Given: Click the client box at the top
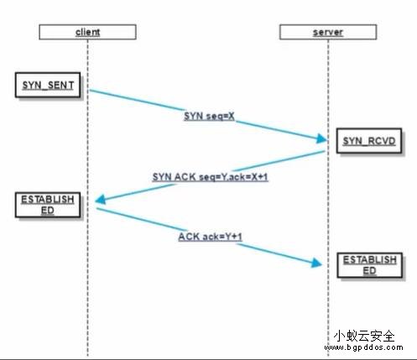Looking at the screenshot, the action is pyautogui.click(x=87, y=32).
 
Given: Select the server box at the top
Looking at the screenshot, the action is pyautogui.click(x=328, y=32).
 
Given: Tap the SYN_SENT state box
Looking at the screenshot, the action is pyautogui.click(x=48, y=85).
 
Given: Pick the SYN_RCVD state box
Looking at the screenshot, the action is pyautogui.click(x=369, y=141).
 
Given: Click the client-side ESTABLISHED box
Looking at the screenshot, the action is pyautogui.click(x=48, y=205).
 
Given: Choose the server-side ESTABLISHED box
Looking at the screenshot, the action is pyautogui.click(x=370, y=265).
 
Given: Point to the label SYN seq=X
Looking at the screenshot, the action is pyautogui.click(x=209, y=116).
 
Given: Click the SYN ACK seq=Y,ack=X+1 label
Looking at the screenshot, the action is pyautogui.click(x=211, y=177).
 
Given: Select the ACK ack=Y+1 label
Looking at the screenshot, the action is pyautogui.click(x=210, y=237).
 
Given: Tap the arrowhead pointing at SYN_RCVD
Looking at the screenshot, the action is pyautogui.click(x=321, y=138).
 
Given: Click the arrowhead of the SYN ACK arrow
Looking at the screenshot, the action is pyautogui.click(x=100, y=200).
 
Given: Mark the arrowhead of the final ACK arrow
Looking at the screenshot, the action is pyautogui.click(x=317, y=263).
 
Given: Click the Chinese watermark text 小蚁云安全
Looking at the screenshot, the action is pyautogui.click(x=364, y=336).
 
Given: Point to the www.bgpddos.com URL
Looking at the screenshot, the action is pyautogui.click(x=363, y=347).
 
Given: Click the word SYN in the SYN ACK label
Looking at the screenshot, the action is pyautogui.click(x=162, y=177).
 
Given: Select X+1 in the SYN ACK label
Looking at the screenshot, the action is pyautogui.click(x=259, y=177).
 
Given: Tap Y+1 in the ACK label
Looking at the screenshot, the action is pyautogui.click(x=233, y=237).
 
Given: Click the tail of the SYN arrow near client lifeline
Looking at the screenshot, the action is pyautogui.click(x=90, y=90).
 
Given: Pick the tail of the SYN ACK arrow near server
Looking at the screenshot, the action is pyautogui.click(x=324, y=152).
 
